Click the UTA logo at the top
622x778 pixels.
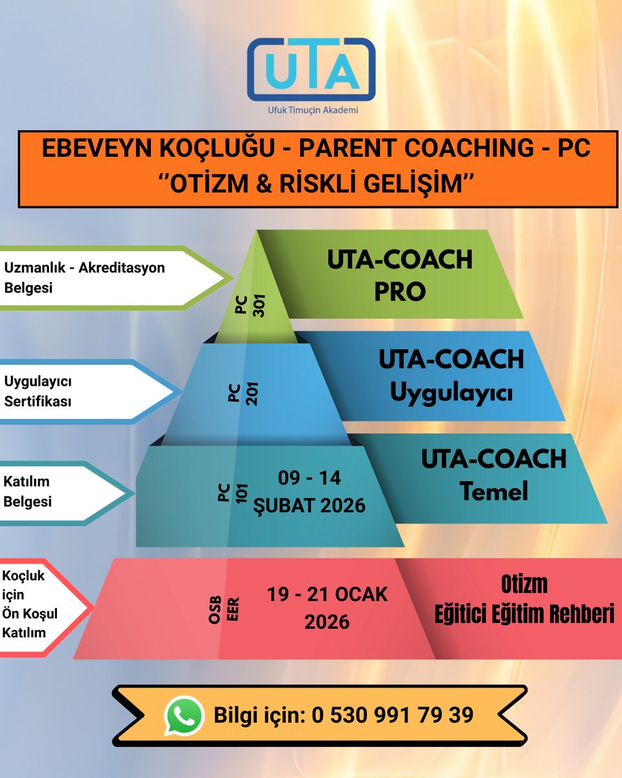pyautogui.click(x=311, y=69)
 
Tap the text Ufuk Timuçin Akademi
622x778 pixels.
pyautogui.click(x=313, y=110)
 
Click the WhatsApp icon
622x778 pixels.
pyautogui.click(x=184, y=715)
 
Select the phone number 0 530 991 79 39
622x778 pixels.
pyautogui.click(x=393, y=715)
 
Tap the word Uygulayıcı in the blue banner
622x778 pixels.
pyautogui.click(x=451, y=393)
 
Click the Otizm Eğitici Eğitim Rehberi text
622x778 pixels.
pyautogui.click(x=524, y=599)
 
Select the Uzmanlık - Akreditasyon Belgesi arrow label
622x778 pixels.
pyautogui.click(x=84, y=277)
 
